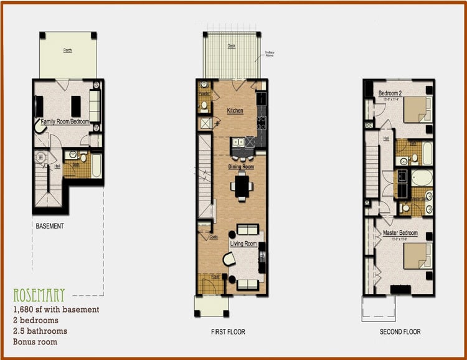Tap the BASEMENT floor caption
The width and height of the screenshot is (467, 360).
(x=49, y=226)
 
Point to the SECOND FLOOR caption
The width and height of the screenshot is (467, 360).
(x=400, y=332)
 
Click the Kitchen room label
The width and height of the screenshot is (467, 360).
(x=235, y=110)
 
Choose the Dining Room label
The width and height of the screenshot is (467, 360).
(x=239, y=167)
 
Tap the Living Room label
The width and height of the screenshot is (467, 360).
(x=243, y=244)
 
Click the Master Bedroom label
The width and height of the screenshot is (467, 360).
(x=400, y=234)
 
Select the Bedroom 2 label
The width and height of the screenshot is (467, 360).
(x=391, y=94)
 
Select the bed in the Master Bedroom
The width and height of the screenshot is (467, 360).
(x=416, y=255)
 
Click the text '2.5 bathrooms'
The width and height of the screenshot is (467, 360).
(x=40, y=331)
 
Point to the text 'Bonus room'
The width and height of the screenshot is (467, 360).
(x=35, y=342)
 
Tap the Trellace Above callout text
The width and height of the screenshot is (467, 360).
(x=270, y=53)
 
